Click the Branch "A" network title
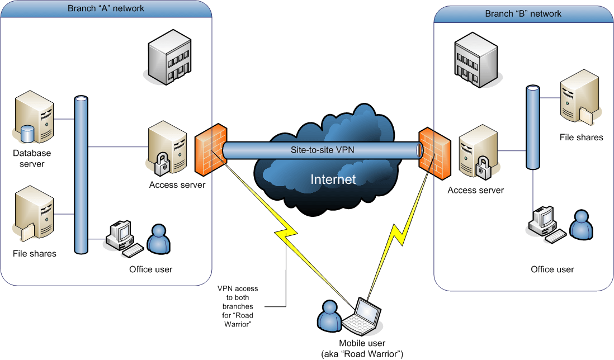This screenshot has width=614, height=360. click(106, 8)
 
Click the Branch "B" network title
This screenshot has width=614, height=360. click(523, 13)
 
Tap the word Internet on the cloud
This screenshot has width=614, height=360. click(333, 179)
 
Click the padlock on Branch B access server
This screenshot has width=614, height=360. click(481, 168)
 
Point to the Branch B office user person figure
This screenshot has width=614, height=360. click(580, 225)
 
